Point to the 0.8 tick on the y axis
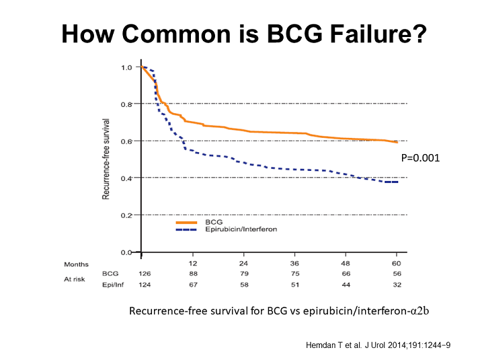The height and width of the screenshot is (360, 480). coord(126,104)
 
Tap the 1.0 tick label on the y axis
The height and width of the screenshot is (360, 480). coord(126,67)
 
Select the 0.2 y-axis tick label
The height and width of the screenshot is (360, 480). coord(126,215)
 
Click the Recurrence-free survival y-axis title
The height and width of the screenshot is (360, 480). coord(106,159)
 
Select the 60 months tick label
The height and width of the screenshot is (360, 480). coord(397,263)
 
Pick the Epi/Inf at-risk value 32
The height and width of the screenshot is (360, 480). coord(397,285)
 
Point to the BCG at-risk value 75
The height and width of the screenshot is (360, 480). coord(294,274)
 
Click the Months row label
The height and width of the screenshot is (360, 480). coord(76,264)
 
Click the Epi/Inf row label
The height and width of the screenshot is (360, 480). coord(112,285)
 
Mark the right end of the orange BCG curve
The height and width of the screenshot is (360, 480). coord(397,142)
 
